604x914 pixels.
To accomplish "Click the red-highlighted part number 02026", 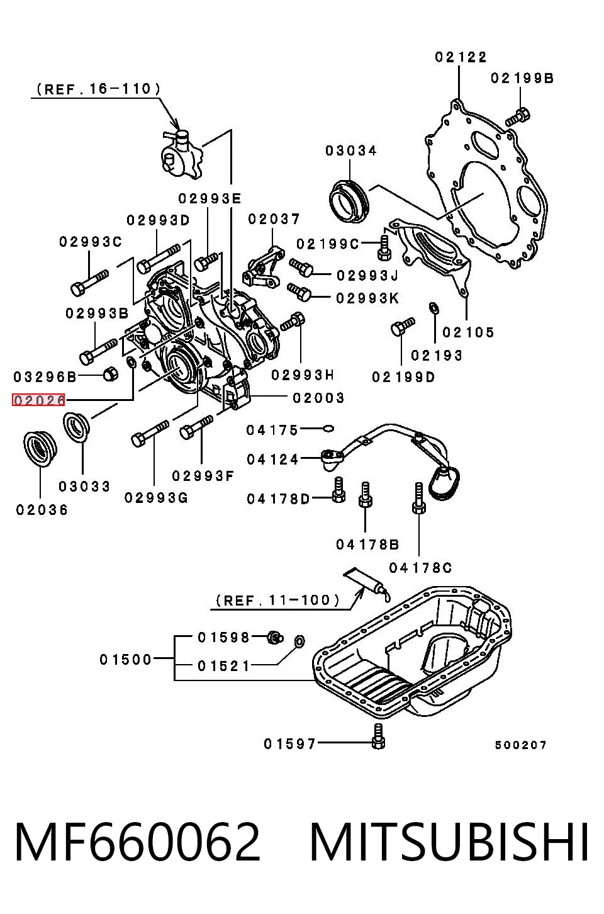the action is pyautogui.click(x=39, y=400).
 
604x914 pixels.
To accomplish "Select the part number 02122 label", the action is pyautogui.click(x=461, y=57).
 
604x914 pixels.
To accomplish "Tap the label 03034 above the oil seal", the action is pyautogui.click(x=351, y=151).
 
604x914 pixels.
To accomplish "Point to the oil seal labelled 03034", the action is pyautogui.click(x=349, y=201).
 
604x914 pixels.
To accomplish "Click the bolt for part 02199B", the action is pyautogui.click(x=518, y=116).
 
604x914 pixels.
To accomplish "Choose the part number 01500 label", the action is pyautogui.click(x=126, y=660).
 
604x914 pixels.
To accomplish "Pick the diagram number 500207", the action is pyautogui.click(x=520, y=745).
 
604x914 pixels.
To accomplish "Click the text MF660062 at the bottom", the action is pyautogui.click(x=137, y=842).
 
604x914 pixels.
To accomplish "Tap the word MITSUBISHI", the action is pyautogui.click(x=449, y=842).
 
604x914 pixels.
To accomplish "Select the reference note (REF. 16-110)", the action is pyautogui.click(x=98, y=89).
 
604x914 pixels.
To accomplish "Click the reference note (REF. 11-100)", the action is pyautogui.click(x=277, y=601).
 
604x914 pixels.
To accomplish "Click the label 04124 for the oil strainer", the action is pyautogui.click(x=272, y=460).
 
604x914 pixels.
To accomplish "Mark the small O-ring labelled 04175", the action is pyautogui.click(x=328, y=429).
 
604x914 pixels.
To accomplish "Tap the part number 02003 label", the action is pyautogui.click(x=318, y=398).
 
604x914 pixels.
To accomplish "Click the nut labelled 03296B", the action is pyautogui.click(x=109, y=374).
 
